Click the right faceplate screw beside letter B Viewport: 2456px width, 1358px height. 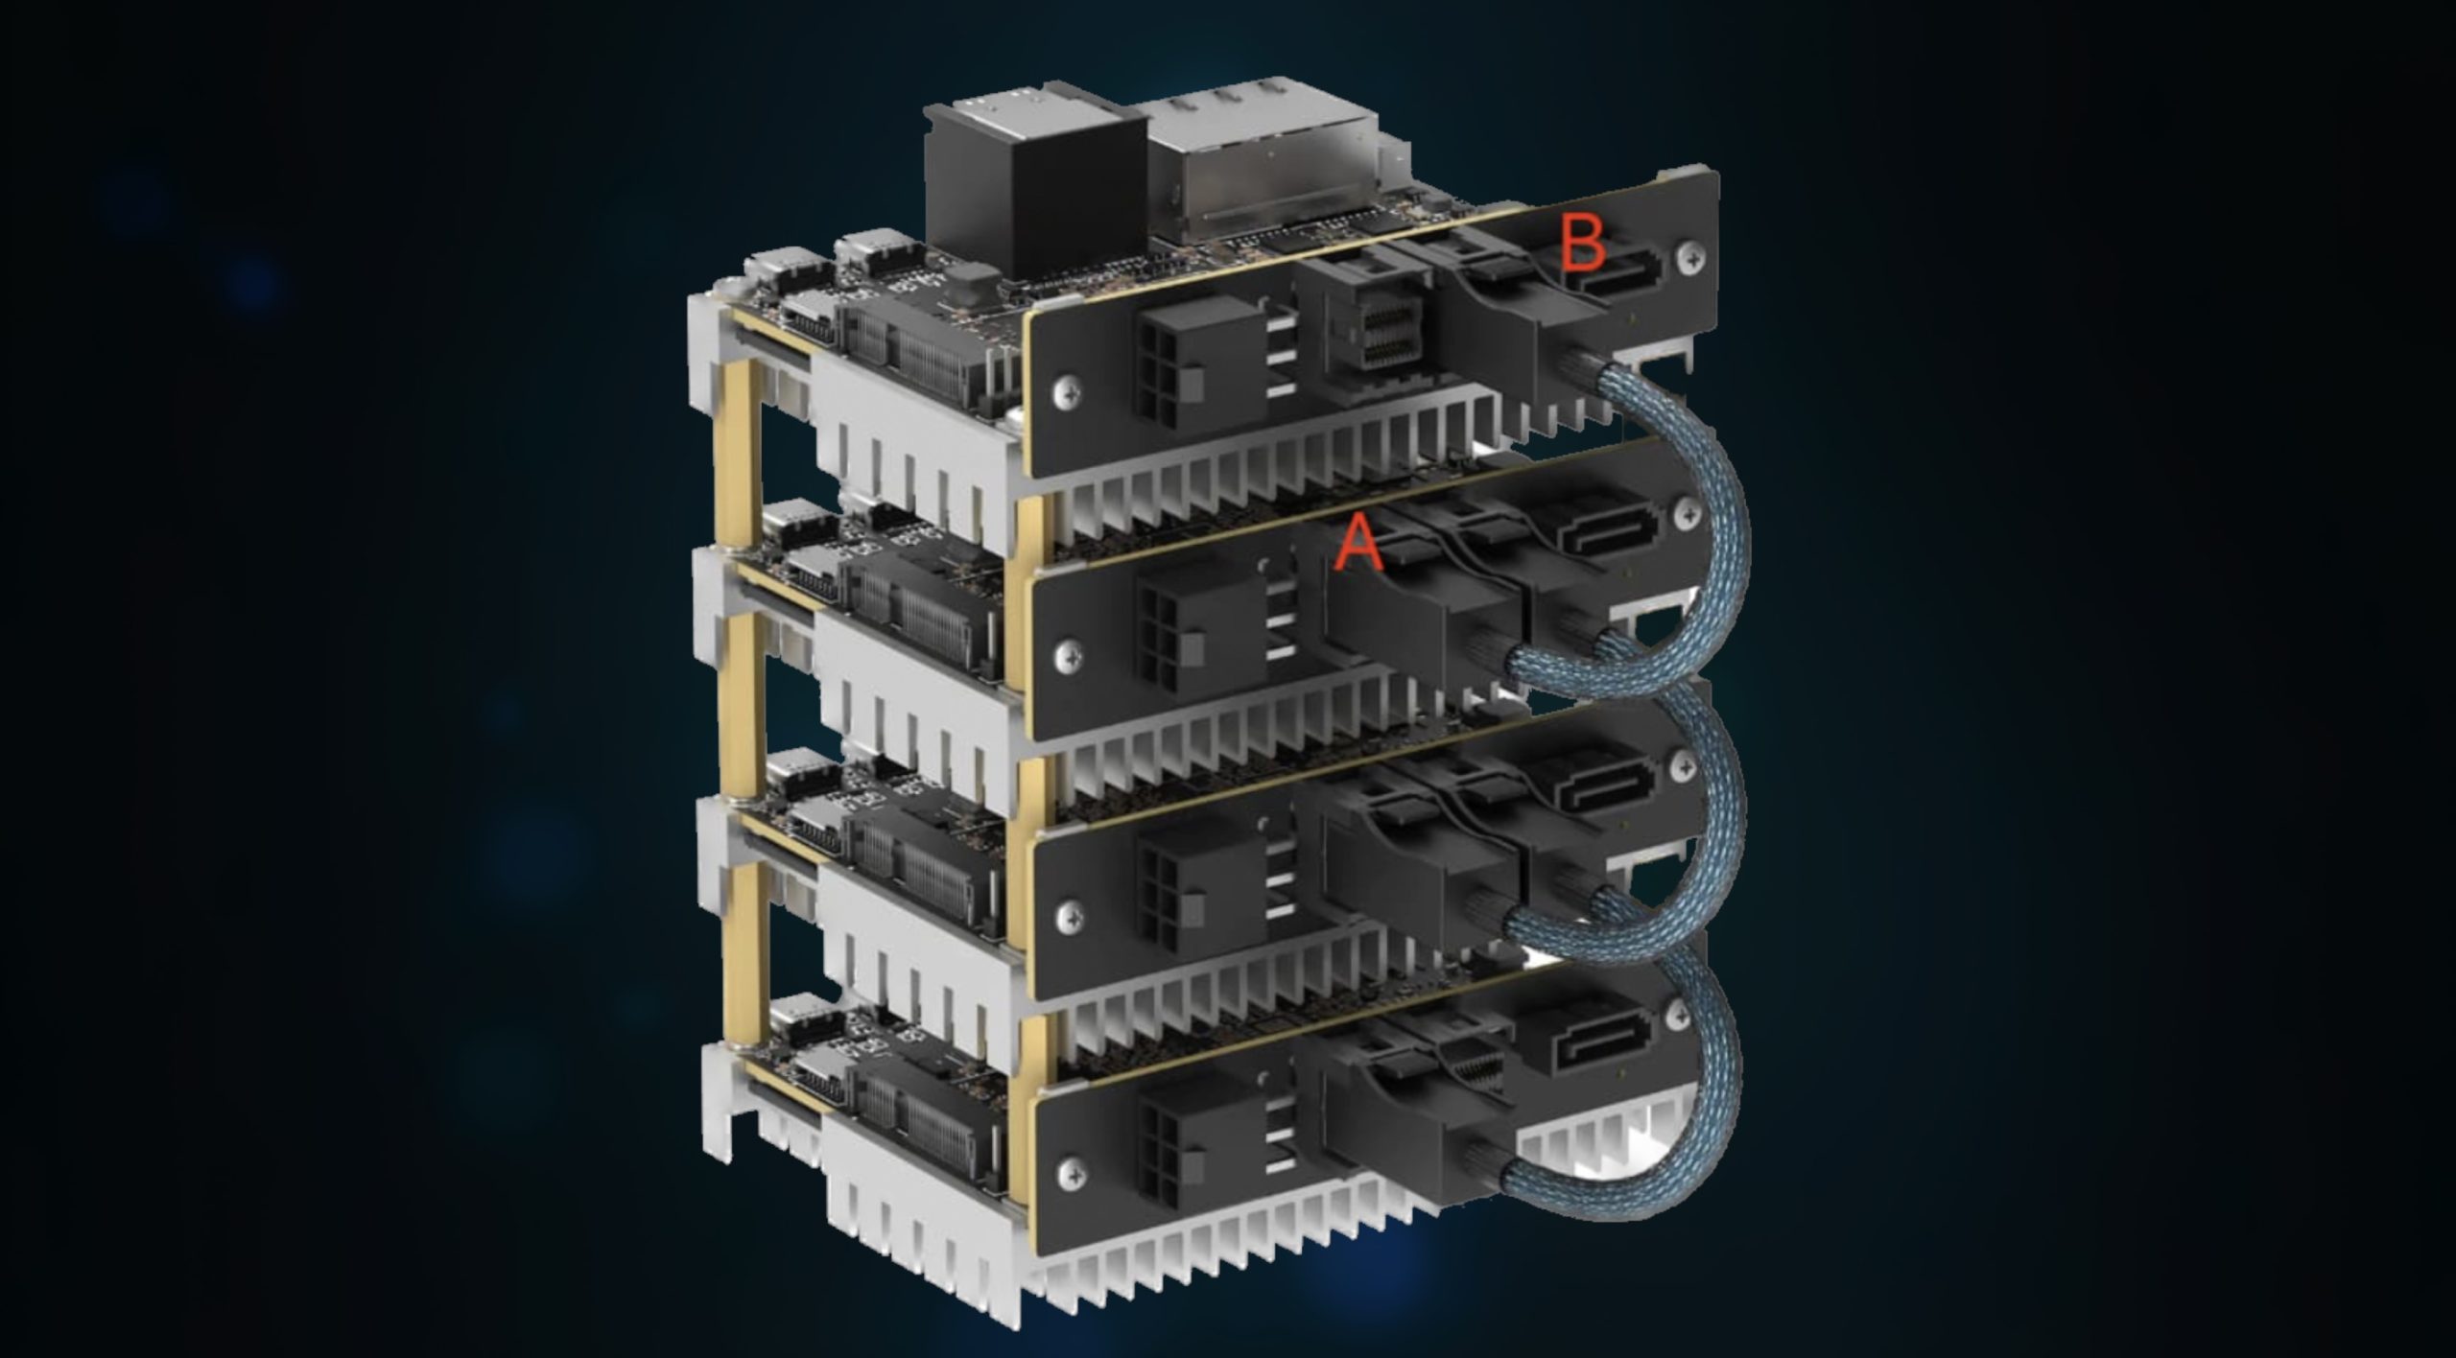tap(1688, 256)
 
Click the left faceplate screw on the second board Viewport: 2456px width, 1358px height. tap(1065, 654)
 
